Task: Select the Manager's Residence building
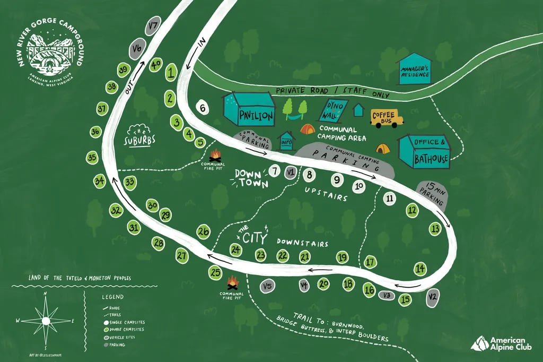point(414,70)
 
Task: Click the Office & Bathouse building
point(424,151)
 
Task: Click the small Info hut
point(286,141)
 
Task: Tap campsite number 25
point(215,273)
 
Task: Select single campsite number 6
point(202,107)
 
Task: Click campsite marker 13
point(435,229)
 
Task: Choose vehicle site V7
point(154,25)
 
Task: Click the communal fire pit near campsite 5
point(215,156)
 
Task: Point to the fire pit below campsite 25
point(232,282)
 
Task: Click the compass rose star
point(46,320)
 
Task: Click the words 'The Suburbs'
point(140,136)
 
